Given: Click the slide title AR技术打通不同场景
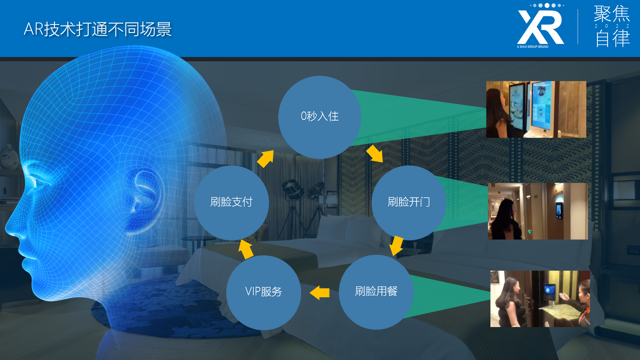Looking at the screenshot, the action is click(x=98, y=29).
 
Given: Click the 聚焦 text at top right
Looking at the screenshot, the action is click(x=612, y=14).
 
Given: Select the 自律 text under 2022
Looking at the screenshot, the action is click(x=613, y=38).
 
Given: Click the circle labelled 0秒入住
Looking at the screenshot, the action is click(x=320, y=117).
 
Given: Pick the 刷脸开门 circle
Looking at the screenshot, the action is click(x=409, y=203).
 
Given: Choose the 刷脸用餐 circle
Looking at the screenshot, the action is click(x=376, y=292).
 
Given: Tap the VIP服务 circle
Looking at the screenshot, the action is click(x=264, y=292).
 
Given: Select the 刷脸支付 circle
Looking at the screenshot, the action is click(x=231, y=203).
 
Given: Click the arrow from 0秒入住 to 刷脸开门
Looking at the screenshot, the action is click(x=375, y=154).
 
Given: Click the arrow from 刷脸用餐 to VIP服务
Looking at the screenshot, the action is click(x=319, y=293).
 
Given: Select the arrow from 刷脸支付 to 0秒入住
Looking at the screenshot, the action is click(x=265, y=159).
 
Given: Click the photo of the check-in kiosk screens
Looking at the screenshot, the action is click(x=536, y=109).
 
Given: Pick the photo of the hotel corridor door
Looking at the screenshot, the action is click(x=538, y=211).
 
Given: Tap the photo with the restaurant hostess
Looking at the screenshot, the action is click(x=540, y=299).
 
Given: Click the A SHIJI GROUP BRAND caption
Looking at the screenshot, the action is click(x=533, y=47).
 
